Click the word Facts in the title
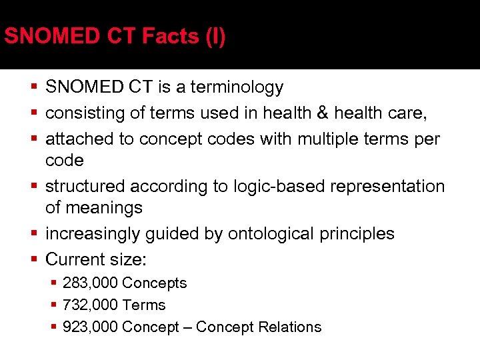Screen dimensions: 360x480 click(x=169, y=36)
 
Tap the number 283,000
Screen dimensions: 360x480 click(x=90, y=283)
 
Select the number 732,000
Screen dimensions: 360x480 click(x=90, y=305)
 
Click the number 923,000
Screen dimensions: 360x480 click(x=90, y=327)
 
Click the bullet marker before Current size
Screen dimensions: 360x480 click(x=34, y=260)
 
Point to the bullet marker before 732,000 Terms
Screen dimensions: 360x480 click(x=55, y=305)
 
